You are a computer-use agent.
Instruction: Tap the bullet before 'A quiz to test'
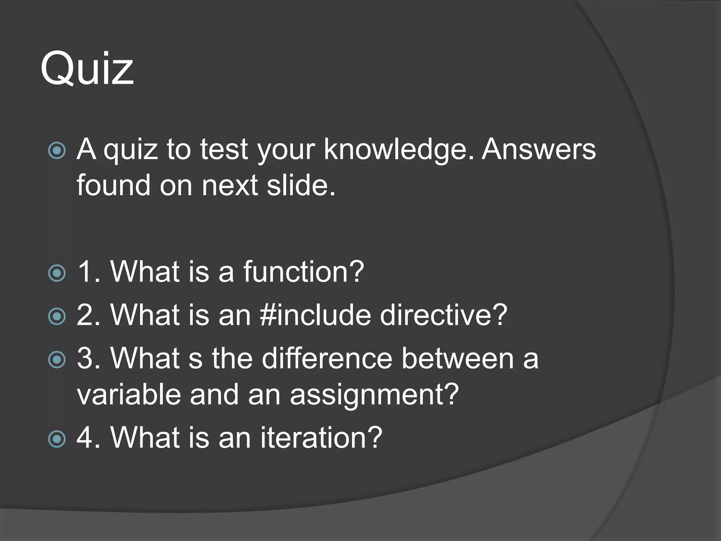(57, 151)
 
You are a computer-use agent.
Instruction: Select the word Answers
(539, 149)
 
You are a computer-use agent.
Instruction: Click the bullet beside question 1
(57, 273)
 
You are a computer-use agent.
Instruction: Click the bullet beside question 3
(57, 360)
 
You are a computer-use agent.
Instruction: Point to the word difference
(327, 359)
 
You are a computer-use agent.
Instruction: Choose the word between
(458, 359)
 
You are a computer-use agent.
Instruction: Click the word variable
(129, 394)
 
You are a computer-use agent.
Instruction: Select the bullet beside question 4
(57, 439)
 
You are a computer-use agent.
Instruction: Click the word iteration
(321, 437)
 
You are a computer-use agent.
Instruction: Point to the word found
(113, 185)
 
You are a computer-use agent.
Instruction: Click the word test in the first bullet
(224, 150)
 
